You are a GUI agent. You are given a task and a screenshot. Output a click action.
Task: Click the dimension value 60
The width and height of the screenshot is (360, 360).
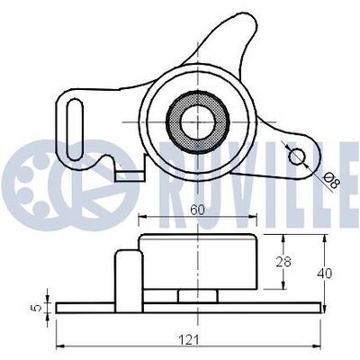pyautogui.click(x=197, y=210)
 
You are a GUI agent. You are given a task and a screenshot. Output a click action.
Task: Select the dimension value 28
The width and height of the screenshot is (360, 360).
pyautogui.click(x=283, y=262)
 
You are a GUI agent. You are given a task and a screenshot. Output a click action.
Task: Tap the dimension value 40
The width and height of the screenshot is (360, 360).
pyautogui.click(x=325, y=274)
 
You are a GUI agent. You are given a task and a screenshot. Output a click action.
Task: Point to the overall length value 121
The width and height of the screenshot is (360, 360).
pyautogui.click(x=189, y=340)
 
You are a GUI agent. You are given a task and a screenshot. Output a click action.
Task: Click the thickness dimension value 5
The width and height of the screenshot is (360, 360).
pyautogui.click(x=37, y=308)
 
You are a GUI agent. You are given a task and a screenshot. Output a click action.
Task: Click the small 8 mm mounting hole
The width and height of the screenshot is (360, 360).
pyautogui.click(x=297, y=157)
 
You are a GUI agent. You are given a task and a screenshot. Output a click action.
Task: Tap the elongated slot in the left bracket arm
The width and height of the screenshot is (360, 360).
pyautogui.click(x=75, y=129)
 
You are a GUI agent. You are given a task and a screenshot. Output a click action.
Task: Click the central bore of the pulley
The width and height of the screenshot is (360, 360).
pyautogui.click(x=198, y=122)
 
